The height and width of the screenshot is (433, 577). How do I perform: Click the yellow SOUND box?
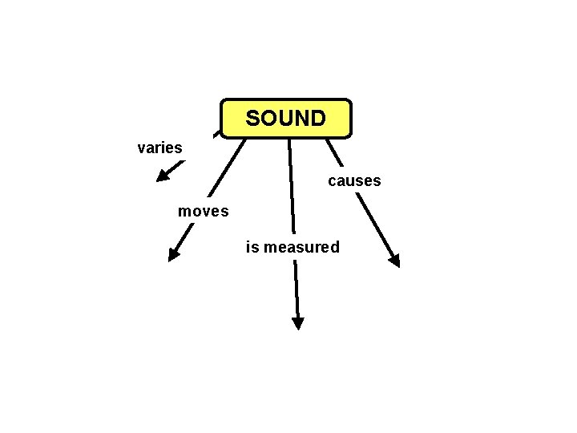286,118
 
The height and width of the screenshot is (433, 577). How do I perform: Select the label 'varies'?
160,148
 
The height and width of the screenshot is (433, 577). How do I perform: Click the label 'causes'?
354,181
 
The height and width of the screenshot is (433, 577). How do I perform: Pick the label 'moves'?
204,212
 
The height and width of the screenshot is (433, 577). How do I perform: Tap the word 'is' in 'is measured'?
252,247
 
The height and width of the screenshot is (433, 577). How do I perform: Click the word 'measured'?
302,247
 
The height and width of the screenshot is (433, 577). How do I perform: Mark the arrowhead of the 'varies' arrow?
162,174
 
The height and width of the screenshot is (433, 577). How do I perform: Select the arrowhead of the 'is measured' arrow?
298,323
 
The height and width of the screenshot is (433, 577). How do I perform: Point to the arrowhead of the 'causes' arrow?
393,259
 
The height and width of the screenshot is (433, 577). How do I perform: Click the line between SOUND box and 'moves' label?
226,168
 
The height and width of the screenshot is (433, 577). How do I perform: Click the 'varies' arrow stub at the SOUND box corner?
217,133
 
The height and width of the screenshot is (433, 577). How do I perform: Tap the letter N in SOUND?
301,119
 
